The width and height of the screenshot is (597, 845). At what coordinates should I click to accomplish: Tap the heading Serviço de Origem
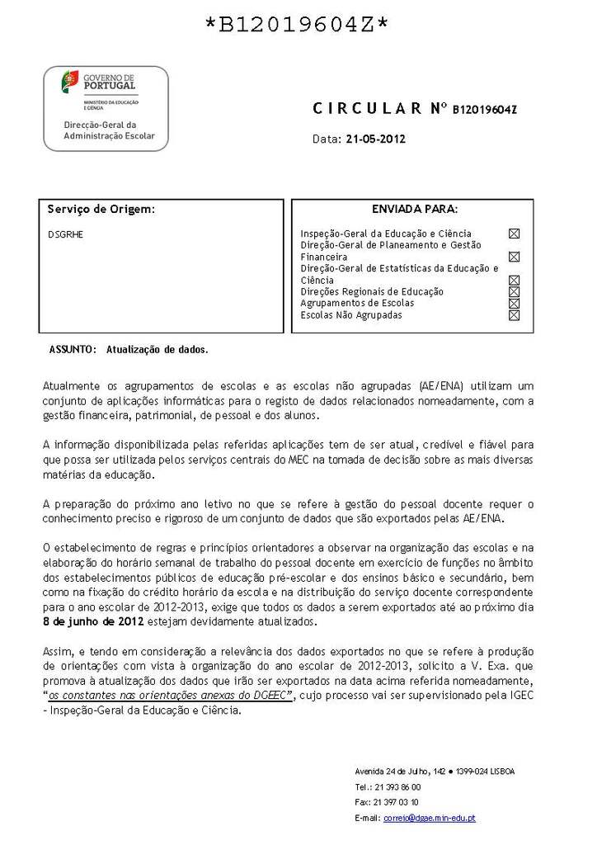[101, 210]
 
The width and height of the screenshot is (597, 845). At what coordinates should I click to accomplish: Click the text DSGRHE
[65, 234]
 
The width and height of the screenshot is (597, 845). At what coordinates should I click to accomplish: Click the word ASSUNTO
[73, 350]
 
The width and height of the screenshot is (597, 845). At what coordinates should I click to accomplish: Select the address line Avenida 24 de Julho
[435, 771]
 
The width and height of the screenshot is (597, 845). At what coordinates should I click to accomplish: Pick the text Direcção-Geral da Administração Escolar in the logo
[109, 130]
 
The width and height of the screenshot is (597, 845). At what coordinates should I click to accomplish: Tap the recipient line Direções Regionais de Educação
[372, 292]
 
